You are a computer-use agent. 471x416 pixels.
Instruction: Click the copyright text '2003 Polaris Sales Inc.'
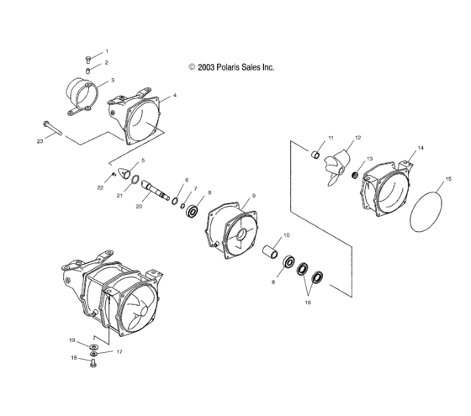point(235,67)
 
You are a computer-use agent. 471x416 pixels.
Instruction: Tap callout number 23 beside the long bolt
point(40,141)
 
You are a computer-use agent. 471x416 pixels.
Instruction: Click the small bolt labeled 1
point(88,60)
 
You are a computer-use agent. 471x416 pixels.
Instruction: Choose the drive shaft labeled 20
point(156,190)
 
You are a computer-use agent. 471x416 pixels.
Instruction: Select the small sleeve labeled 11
point(315,155)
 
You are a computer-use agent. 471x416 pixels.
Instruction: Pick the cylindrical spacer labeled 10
point(270,252)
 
